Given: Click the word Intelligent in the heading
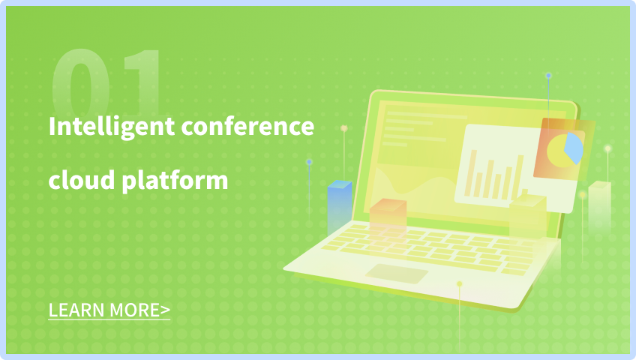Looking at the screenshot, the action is click(x=112, y=127).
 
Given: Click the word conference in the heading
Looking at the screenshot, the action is click(x=247, y=126).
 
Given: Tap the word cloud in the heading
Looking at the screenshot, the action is click(x=82, y=179).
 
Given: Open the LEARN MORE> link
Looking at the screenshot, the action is click(x=109, y=310).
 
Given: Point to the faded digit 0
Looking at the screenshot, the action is click(x=81, y=83).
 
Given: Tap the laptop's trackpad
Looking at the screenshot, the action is click(x=397, y=274).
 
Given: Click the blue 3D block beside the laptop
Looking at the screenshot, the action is click(x=340, y=207).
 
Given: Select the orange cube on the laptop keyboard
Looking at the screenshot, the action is click(x=388, y=214).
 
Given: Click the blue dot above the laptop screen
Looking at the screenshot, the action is click(x=548, y=76).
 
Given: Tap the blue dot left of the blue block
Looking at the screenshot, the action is click(x=309, y=162).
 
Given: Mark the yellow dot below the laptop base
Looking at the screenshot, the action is click(x=460, y=283).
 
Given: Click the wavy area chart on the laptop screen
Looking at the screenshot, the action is click(x=409, y=194).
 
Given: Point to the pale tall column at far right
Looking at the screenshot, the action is click(x=599, y=207).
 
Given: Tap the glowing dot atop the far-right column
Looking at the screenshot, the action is click(x=607, y=148).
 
